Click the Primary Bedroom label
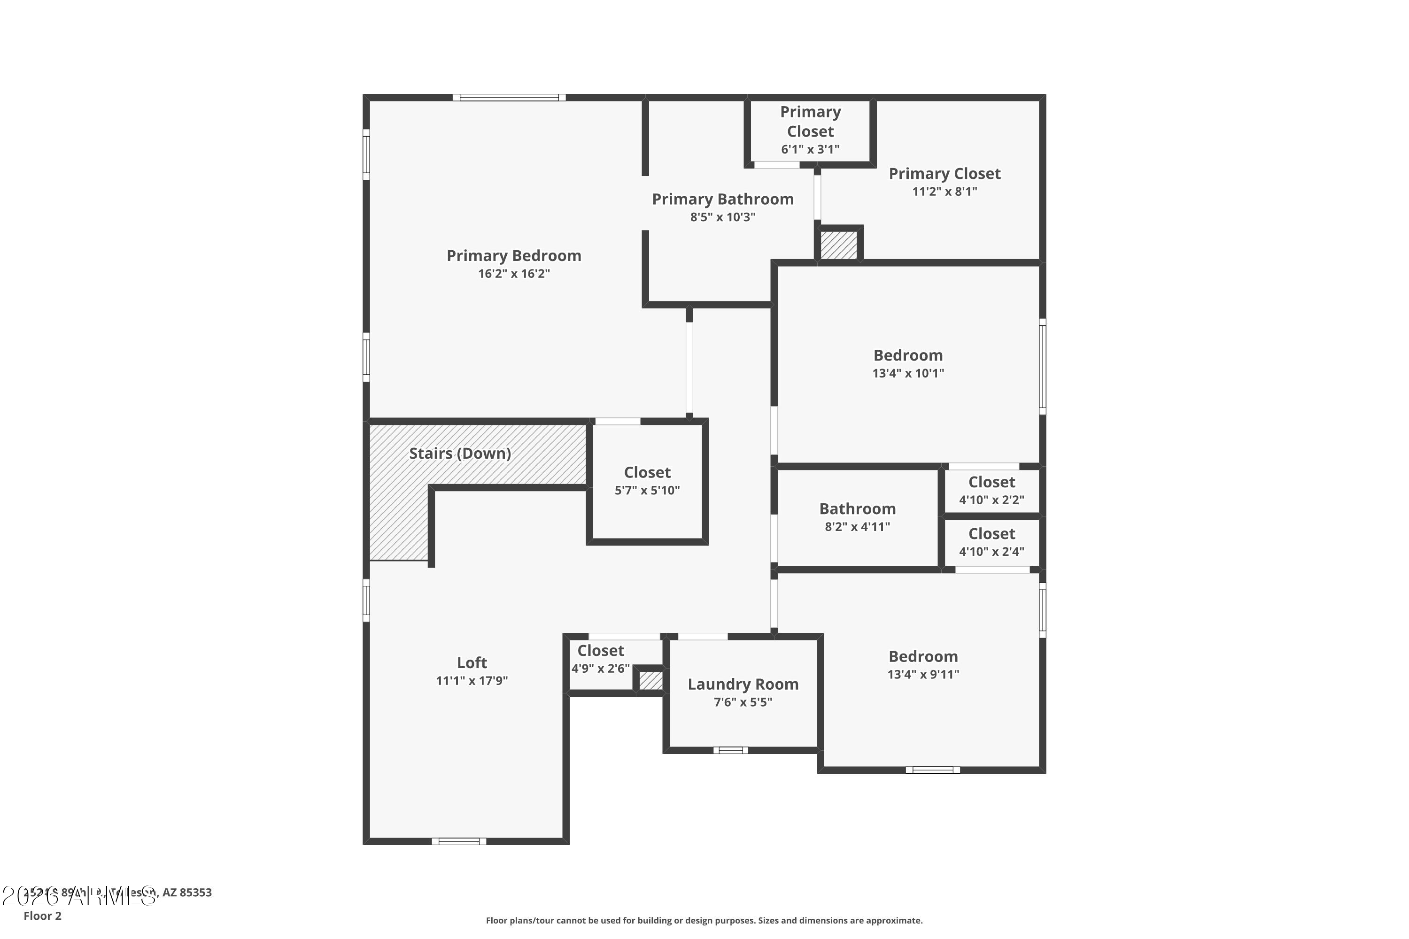pos(513,256)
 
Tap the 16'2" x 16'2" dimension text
pos(513,274)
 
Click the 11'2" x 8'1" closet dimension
pos(944,192)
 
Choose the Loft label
pos(472,662)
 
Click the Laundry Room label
pos(743,684)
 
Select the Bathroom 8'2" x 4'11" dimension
pos(857,527)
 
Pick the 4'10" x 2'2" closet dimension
pos(991,500)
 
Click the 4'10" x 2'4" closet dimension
pos(991,552)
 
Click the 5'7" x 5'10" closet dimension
pos(647,491)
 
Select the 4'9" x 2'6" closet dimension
pos(600,668)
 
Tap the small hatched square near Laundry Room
pos(650,680)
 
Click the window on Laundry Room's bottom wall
pos(730,750)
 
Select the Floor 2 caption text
pos(43,916)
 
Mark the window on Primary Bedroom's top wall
pos(509,98)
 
